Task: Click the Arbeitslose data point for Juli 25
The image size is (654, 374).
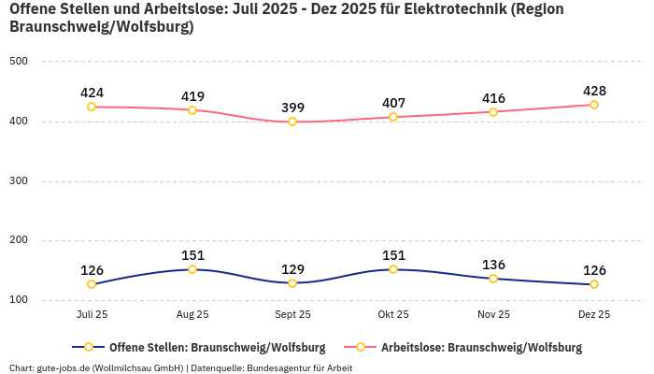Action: (x=92, y=107)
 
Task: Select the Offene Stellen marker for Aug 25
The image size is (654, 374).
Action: (x=192, y=269)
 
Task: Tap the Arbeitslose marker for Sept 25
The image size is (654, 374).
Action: (x=292, y=122)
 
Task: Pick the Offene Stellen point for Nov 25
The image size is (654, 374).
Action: (x=493, y=279)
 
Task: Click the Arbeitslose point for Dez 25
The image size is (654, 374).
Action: (x=593, y=105)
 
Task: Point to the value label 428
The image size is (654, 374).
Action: (x=594, y=91)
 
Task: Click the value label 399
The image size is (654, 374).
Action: (x=293, y=108)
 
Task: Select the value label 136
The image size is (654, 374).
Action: (x=493, y=265)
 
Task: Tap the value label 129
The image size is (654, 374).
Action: (x=293, y=269)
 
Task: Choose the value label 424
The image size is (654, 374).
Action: (x=92, y=93)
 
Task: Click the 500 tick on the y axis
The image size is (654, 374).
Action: (x=19, y=62)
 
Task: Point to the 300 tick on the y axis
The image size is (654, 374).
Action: (x=19, y=181)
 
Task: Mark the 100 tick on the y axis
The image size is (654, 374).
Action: (x=19, y=300)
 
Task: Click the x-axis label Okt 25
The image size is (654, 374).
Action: (x=393, y=315)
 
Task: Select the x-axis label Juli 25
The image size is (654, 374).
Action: (x=92, y=315)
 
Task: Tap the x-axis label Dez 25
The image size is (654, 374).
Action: (x=594, y=315)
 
